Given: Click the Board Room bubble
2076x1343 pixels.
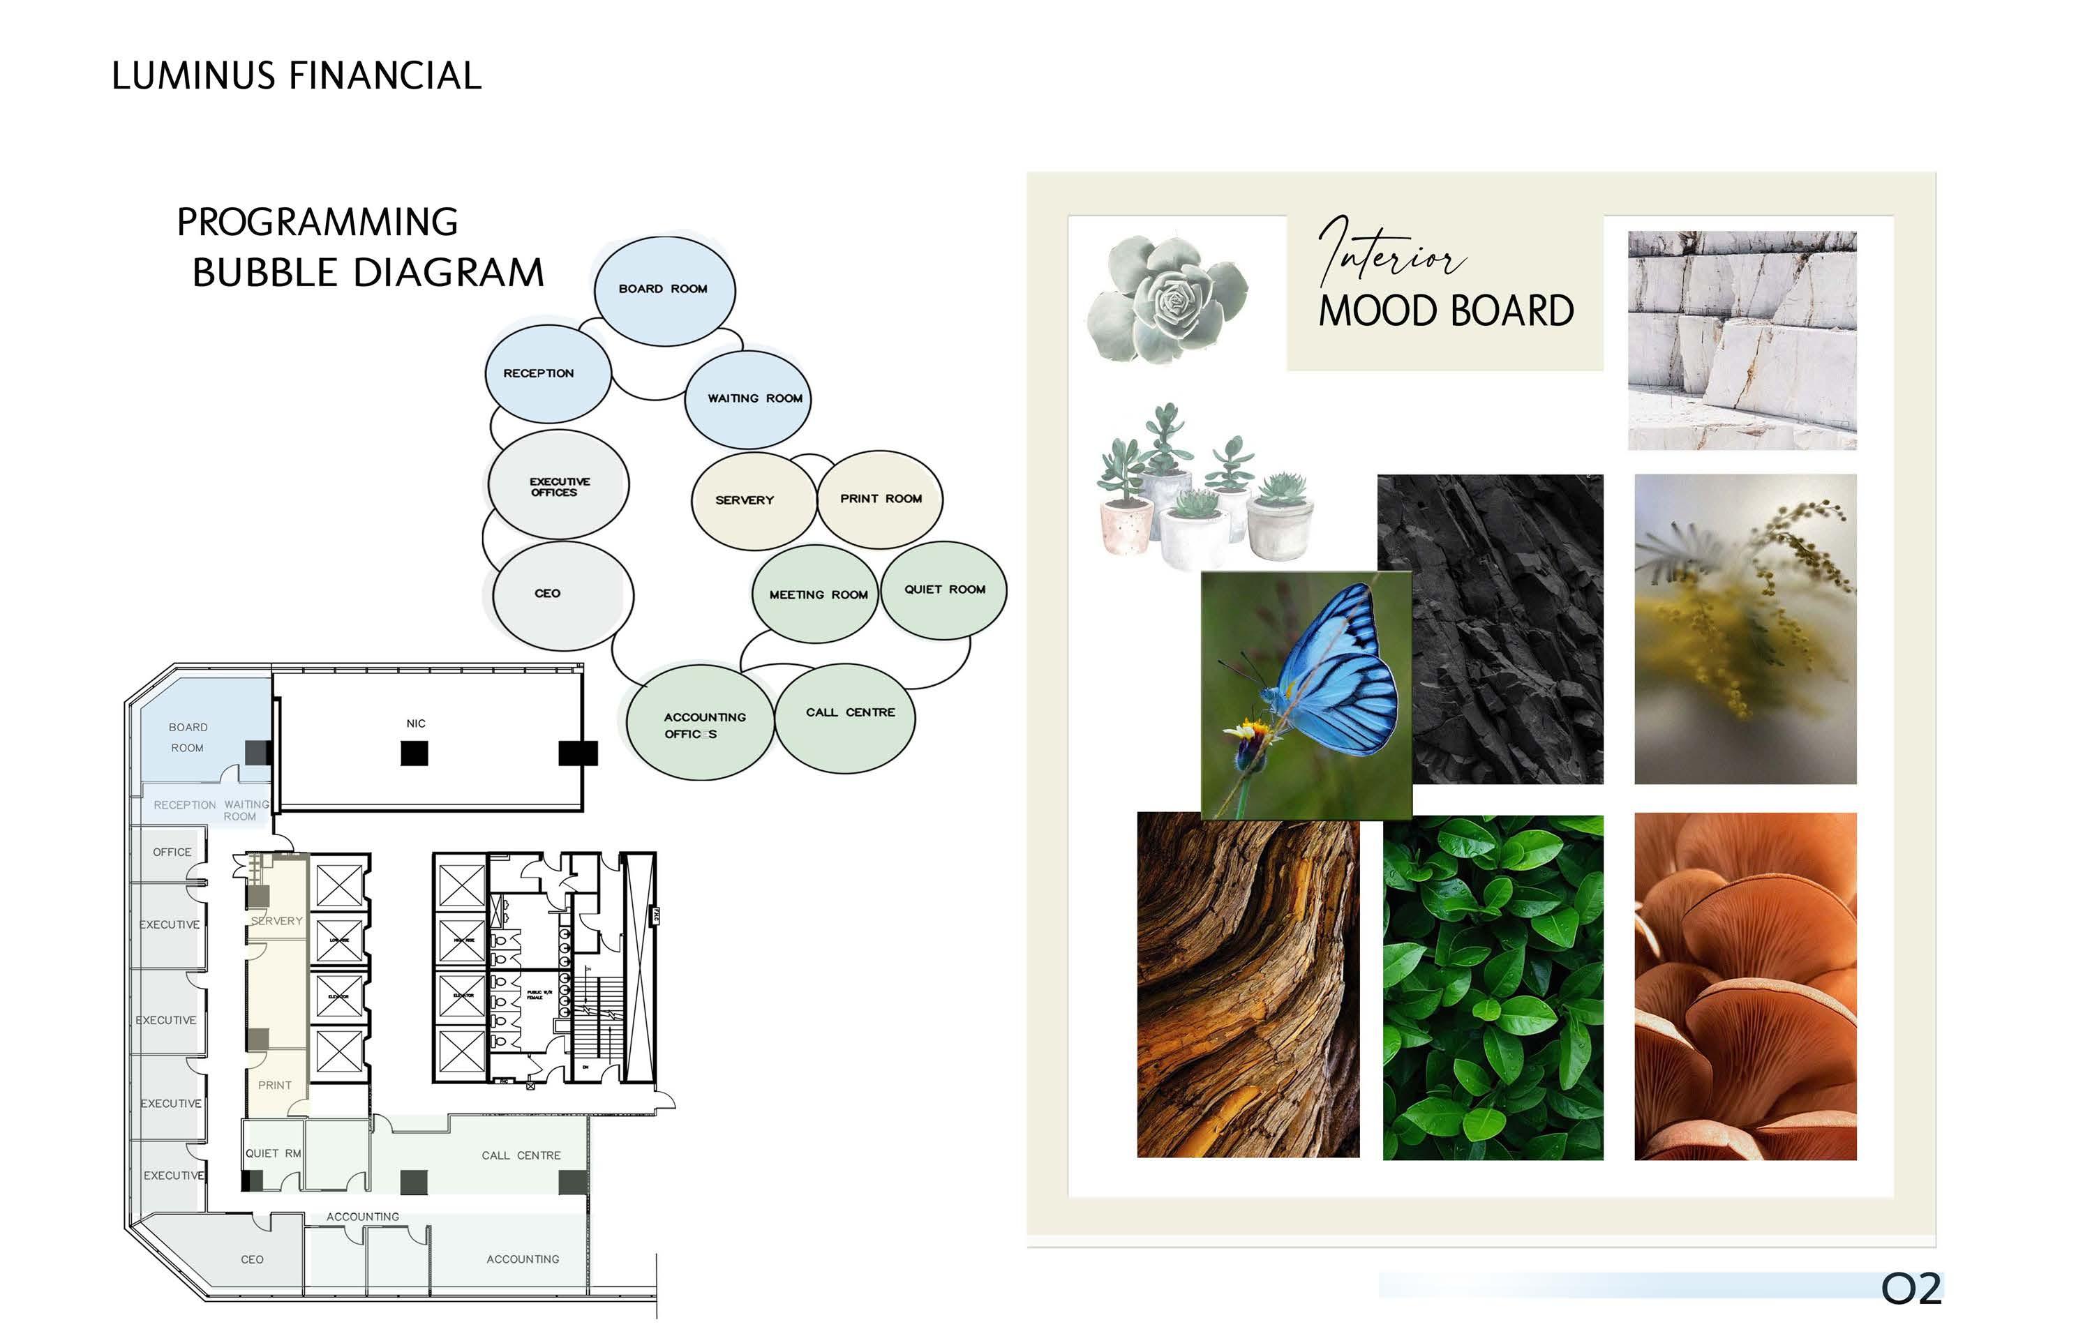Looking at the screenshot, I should (664, 290).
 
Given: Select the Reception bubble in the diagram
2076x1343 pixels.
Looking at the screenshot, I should (547, 374).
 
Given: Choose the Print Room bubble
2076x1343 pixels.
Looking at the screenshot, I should (880, 499).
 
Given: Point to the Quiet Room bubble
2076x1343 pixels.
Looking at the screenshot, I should (943, 590).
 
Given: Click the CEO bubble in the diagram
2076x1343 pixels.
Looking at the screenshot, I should (561, 594).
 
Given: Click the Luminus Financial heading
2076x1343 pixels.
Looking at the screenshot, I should (297, 76).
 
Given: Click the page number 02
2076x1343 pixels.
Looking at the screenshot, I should (1911, 1289).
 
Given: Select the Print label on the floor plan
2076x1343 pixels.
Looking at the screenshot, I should (275, 1086).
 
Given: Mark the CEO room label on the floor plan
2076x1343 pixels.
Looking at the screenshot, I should (252, 1260).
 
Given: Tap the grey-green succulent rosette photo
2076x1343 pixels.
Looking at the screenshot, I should (1169, 299).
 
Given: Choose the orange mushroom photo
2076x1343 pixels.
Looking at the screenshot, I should (1745, 985).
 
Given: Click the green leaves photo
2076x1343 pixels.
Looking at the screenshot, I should (1493, 988).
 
